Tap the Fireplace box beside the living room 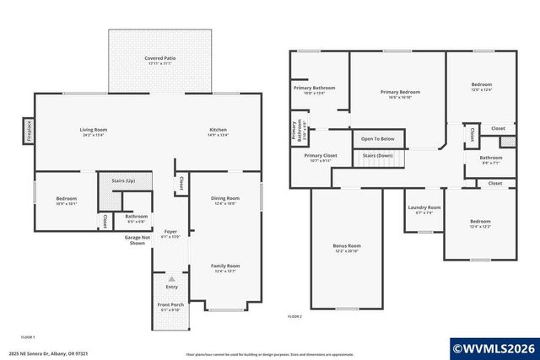coord(27,133)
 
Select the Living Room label coord(94,130)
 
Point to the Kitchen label coord(219,130)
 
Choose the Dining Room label coord(225,198)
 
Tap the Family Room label coord(225,266)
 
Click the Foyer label coord(170,232)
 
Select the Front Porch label coord(170,304)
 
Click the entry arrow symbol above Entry coord(171,278)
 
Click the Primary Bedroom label coord(400,92)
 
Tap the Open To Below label coord(378,138)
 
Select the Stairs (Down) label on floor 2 coord(377,156)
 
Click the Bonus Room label coord(347,246)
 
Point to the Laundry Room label coord(424,207)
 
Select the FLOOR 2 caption coord(294,316)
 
